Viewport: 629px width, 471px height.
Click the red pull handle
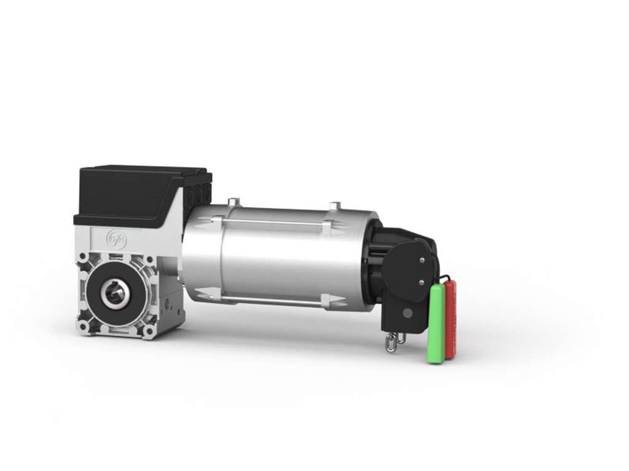[x=450, y=319]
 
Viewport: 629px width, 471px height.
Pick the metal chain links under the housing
[x=394, y=342]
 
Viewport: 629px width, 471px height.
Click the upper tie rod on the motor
[x=270, y=222]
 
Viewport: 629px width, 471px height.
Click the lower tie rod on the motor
[x=270, y=300]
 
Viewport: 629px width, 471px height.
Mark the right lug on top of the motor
[x=334, y=205]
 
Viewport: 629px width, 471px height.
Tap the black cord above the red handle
[x=445, y=278]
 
